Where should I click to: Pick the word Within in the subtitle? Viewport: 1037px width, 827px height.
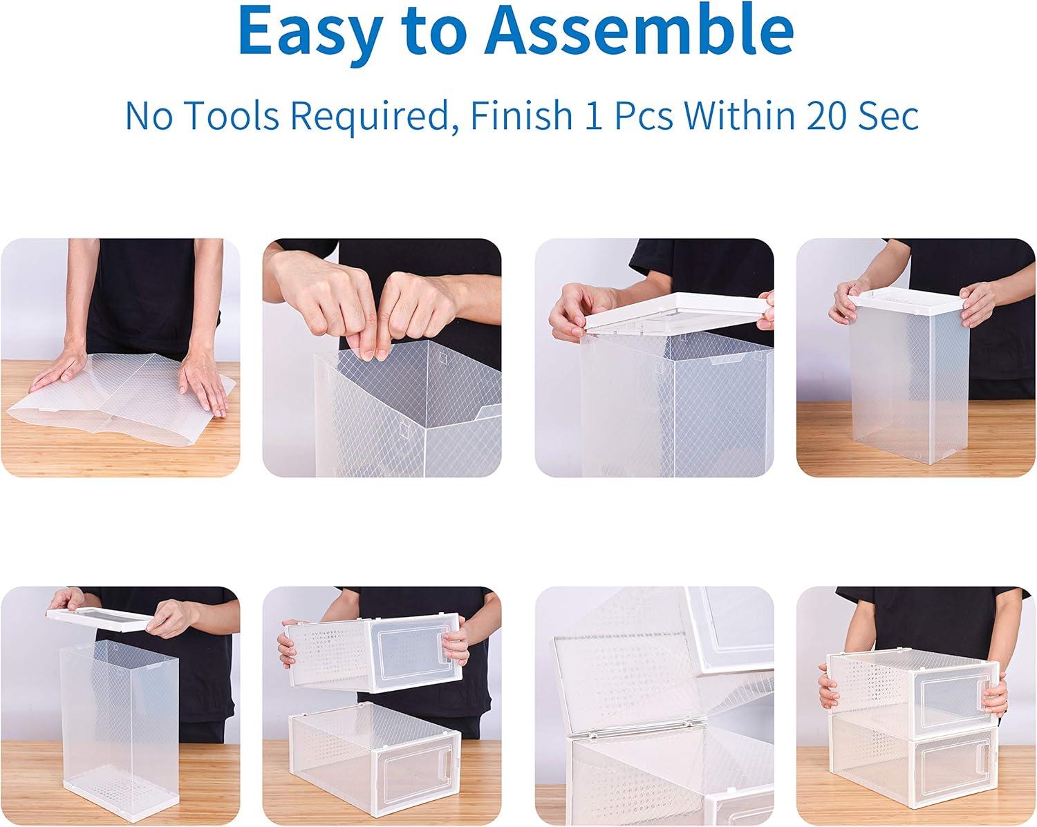pos(736,115)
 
